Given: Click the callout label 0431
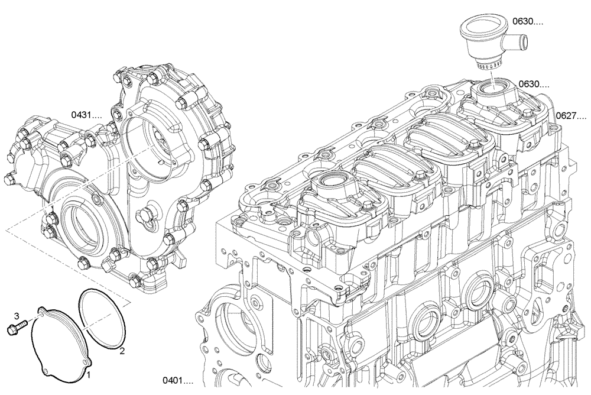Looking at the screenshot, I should pyautogui.click(x=86, y=114).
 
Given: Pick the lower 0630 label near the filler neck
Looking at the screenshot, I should pyautogui.click(x=533, y=85).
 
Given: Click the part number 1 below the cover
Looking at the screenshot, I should pyautogui.click(x=88, y=374).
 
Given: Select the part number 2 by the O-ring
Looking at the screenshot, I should pyautogui.click(x=122, y=352).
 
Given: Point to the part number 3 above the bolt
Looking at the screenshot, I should pyautogui.click(x=17, y=316).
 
